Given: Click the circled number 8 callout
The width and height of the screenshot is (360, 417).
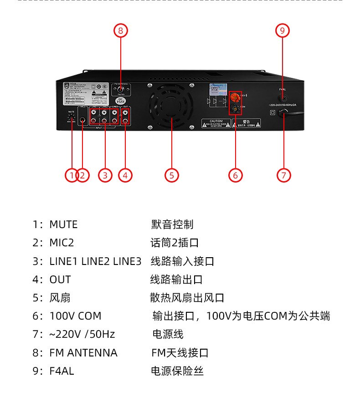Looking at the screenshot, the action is click(x=120, y=31).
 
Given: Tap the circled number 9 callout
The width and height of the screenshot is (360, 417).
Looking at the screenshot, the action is click(x=283, y=31).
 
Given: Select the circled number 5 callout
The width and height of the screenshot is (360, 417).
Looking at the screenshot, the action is click(x=171, y=175).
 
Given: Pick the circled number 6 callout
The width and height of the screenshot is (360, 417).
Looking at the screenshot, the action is click(x=236, y=175).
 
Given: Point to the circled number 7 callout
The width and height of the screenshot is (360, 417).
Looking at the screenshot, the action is click(x=283, y=175).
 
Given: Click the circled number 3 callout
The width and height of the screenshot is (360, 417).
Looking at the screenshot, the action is click(x=105, y=175).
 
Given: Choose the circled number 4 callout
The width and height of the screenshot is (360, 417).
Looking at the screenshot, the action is click(x=125, y=175).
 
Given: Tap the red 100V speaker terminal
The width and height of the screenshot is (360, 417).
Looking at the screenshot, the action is click(x=236, y=97).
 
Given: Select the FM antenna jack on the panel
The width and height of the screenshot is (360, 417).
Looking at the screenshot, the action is click(x=120, y=90).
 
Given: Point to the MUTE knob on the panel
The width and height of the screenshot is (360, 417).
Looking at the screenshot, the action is click(x=72, y=117).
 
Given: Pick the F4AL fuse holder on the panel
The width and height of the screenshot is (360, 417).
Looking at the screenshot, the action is click(x=283, y=97).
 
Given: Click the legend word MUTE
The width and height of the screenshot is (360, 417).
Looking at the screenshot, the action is click(x=63, y=224).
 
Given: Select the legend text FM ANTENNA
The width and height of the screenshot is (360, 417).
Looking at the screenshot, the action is click(x=83, y=353).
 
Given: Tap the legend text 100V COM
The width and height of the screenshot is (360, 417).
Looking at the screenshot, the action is click(x=75, y=316).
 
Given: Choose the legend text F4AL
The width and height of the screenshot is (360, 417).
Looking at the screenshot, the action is click(x=62, y=371).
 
